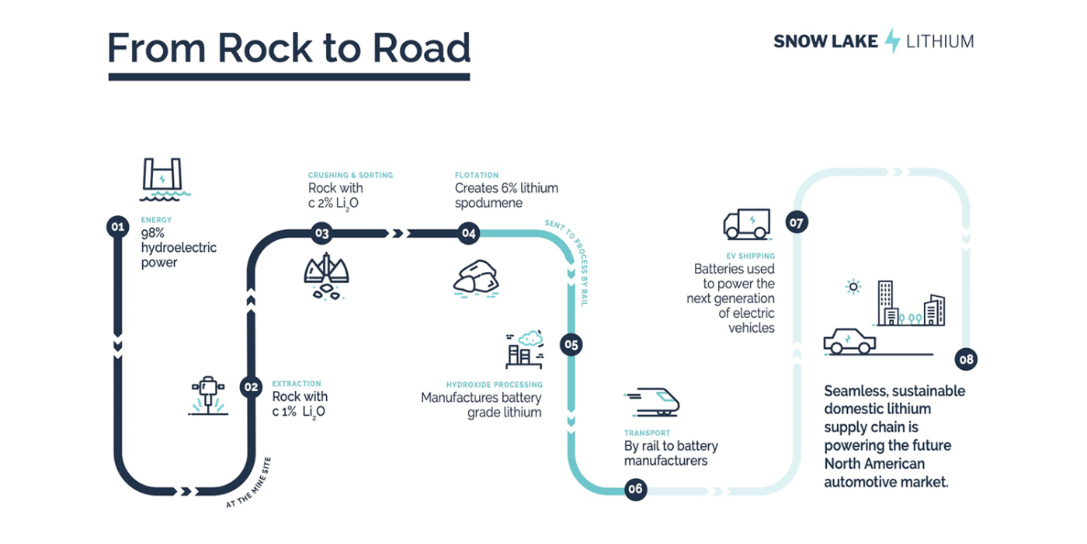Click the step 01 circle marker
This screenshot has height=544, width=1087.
coord(117,227)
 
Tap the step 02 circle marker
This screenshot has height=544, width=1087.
coord(251,386)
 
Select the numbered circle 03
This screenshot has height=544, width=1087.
coord(321,232)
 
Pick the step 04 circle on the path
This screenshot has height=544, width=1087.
coord(468,232)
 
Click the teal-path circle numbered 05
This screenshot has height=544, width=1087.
coord(571,344)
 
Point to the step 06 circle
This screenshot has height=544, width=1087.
coord(635,489)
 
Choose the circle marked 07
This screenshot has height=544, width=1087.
coord(797,222)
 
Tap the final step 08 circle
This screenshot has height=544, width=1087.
coord(966,359)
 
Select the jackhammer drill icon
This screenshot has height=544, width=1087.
coord(207,396)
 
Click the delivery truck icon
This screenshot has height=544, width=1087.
coord(746,224)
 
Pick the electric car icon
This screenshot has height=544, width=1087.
coord(849,340)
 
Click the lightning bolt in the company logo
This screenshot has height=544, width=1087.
coord(893,40)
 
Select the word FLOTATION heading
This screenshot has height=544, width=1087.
coord(477,176)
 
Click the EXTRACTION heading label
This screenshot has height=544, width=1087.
coord(296,384)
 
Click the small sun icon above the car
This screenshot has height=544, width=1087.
coord(853,287)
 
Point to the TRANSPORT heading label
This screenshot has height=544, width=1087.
coord(647,433)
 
